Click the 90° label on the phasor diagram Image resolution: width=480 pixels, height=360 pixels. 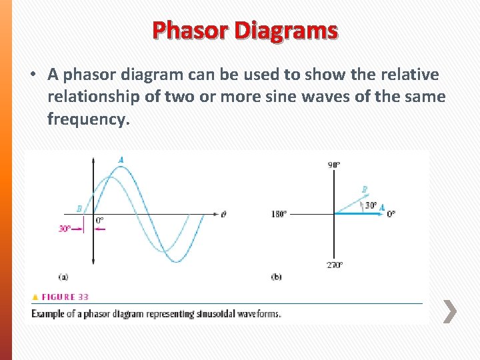pos(334,165)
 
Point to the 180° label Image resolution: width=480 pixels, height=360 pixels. pos(279,214)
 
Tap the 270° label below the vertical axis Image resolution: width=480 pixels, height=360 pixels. pos(334,265)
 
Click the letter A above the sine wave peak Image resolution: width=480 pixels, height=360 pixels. pos(121,160)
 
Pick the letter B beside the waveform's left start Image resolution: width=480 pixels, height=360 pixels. pos(79,209)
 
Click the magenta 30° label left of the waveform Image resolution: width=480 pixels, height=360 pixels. pos(65,228)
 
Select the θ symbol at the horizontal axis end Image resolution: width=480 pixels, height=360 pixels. pos(223,214)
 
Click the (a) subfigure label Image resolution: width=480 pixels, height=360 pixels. pos(63,276)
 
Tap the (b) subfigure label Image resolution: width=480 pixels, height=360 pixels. pos(276,276)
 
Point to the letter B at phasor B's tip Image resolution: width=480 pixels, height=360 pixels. pos(364,190)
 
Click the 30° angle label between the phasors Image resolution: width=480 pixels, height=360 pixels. pos(370,205)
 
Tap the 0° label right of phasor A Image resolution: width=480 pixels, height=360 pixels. pos(391,214)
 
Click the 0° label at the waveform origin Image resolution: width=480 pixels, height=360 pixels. pos(99,221)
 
